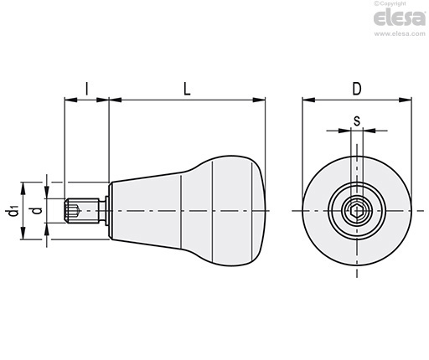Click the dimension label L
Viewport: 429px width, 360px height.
pos(187,89)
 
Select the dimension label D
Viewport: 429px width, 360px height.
pos(357,89)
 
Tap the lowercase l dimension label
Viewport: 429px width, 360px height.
pos(87,89)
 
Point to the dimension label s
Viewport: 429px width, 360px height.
pos(357,121)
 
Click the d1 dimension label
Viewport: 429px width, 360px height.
pos(13,211)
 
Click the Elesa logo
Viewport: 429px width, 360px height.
pos(400,18)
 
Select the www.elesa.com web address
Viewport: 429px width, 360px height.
pos(400,33)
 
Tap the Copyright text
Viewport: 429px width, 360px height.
pos(390,3)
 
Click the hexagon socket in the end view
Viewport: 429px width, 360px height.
pos(357,210)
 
